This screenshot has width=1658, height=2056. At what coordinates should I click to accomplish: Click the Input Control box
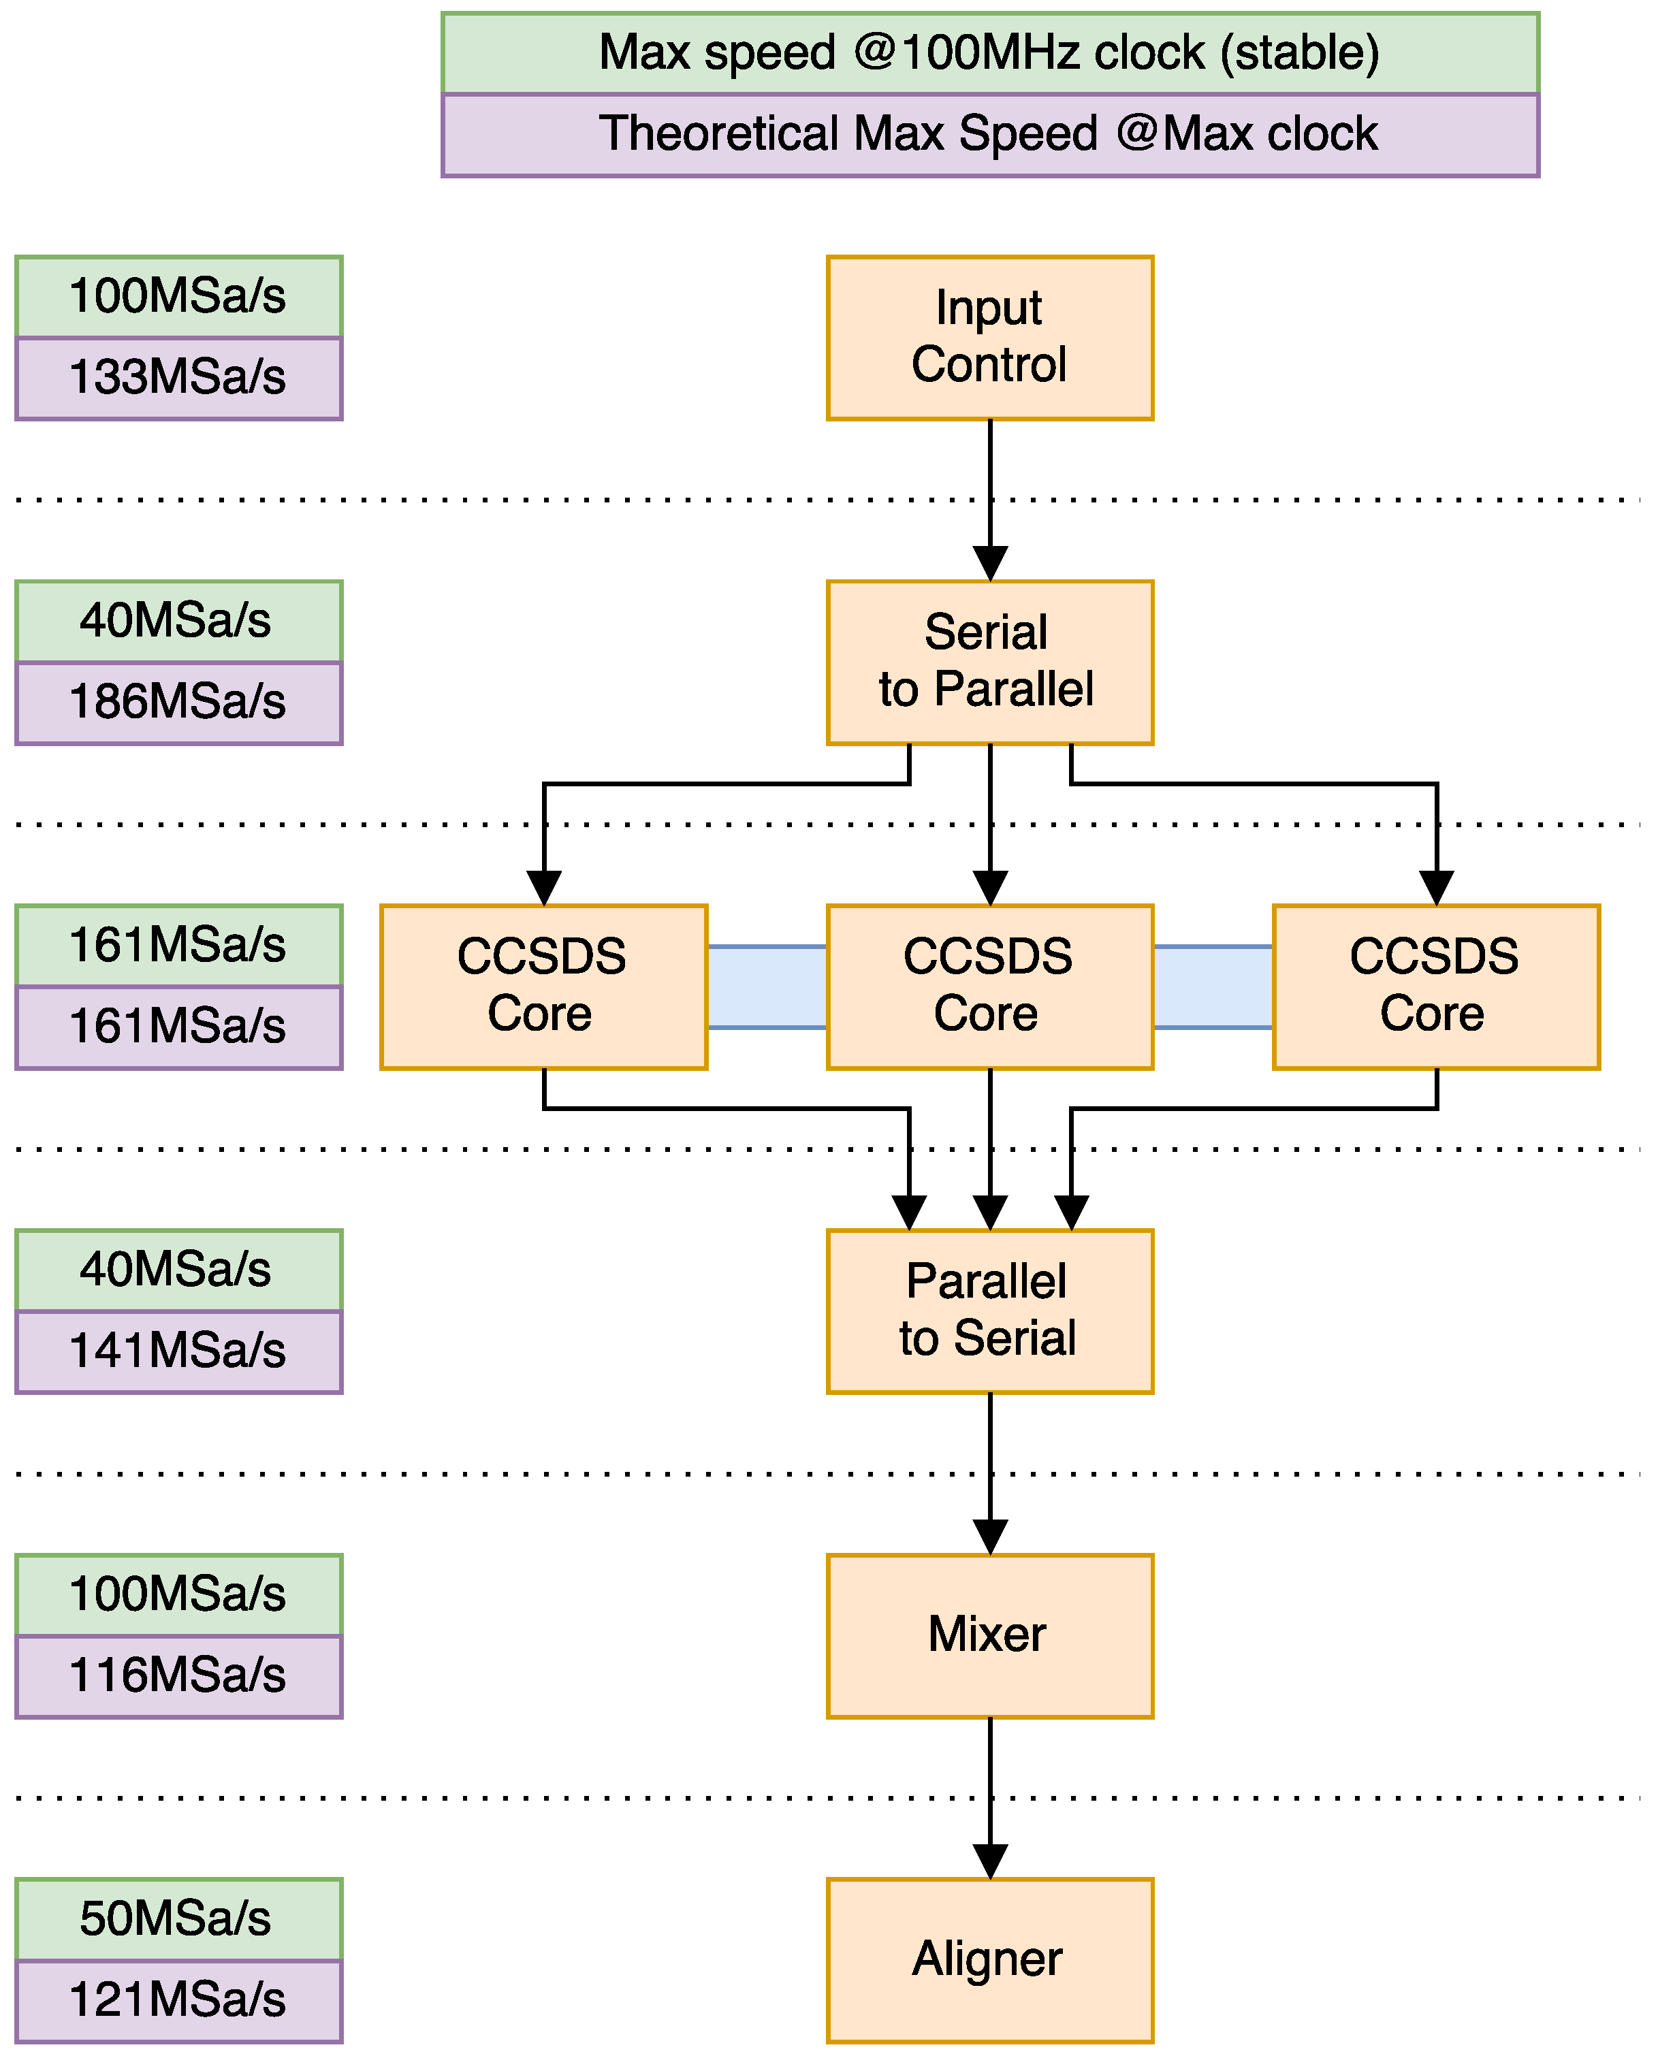coord(989,337)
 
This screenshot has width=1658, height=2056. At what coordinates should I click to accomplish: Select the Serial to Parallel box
coord(989,662)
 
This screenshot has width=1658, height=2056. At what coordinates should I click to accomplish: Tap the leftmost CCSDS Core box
coord(543,986)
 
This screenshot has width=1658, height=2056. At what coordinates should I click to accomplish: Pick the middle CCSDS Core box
coord(989,986)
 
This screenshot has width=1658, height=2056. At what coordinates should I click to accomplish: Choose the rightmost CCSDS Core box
coord(1435,986)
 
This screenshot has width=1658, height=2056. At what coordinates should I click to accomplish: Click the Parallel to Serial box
coord(989,1311)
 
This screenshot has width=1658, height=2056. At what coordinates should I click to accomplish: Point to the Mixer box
coord(989,1636)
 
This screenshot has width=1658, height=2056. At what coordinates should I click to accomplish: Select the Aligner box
coord(989,1961)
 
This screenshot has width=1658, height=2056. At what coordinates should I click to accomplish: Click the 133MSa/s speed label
coord(178,378)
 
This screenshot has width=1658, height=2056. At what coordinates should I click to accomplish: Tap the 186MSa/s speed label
coord(178,703)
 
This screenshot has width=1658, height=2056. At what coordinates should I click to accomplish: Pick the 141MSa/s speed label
coord(178,1352)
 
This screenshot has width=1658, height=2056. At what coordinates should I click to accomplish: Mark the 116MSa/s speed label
coord(178,1677)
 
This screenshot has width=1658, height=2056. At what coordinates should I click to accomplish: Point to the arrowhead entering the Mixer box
coord(989,1537)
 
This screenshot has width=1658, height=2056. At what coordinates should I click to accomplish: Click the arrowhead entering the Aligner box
coord(989,1861)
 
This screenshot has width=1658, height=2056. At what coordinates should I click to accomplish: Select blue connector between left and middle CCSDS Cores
coord(767,986)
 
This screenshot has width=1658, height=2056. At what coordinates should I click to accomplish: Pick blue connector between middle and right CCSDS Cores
coord(1213,986)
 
